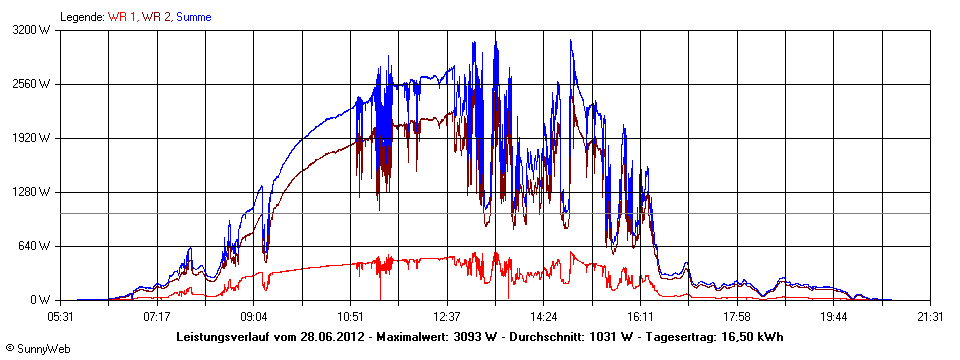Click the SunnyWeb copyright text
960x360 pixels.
click(35, 347)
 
